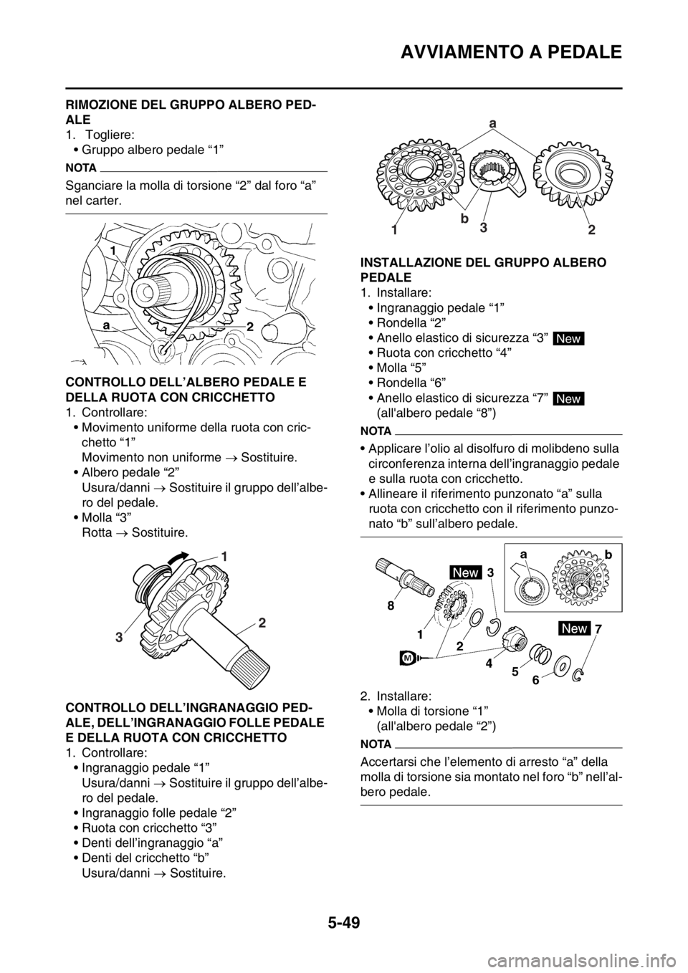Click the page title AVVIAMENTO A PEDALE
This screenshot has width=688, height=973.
(511, 52)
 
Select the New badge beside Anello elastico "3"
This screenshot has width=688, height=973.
(568, 338)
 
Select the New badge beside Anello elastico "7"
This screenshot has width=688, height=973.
(568, 398)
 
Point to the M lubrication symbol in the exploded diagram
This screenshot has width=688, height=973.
(407, 659)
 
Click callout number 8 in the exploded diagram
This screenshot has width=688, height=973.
(391, 606)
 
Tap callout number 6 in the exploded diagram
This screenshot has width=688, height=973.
(536, 681)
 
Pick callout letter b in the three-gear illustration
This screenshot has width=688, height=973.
(464, 219)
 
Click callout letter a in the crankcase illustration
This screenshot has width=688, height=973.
(105, 325)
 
